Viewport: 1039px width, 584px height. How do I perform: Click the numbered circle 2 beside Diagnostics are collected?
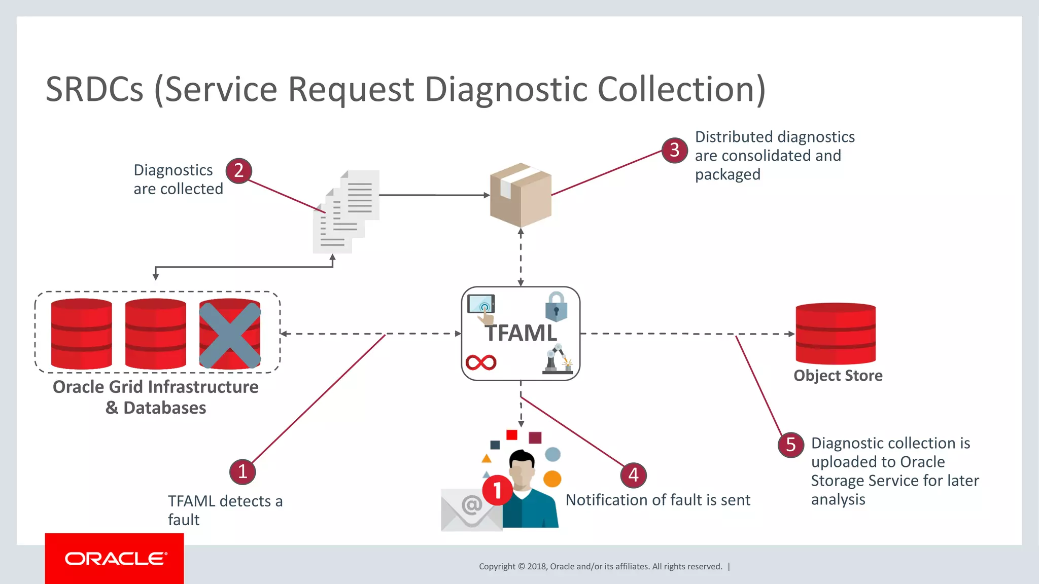[x=239, y=171]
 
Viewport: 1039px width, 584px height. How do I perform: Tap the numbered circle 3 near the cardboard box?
[x=675, y=150]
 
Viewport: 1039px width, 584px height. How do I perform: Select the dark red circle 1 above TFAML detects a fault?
[x=243, y=471]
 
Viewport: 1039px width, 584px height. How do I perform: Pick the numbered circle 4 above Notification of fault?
[x=634, y=475]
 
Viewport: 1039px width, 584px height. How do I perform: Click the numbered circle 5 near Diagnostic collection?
[x=790, y=445]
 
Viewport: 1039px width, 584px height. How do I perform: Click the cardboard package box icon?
[x=521, y=195]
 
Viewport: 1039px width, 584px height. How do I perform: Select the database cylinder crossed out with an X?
[x=230, y=334]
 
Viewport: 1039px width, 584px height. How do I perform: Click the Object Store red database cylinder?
[x=836, y=334]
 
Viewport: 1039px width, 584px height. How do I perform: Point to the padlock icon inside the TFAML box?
[x=556, y=307]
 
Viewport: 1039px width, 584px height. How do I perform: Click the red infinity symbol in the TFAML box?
[x=481, y=362]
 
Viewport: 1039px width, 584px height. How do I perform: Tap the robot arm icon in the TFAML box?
[x=558, y=359]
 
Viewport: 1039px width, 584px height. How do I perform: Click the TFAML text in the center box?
[x=521, y=334]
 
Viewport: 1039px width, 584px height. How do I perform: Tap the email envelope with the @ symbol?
[x=471, y=509]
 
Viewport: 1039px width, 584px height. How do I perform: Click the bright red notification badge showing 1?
[x=497, y=490]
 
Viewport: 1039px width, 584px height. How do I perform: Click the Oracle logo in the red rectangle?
[x=115, y=559]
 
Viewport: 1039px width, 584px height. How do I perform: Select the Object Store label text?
[x=838, y=376]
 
